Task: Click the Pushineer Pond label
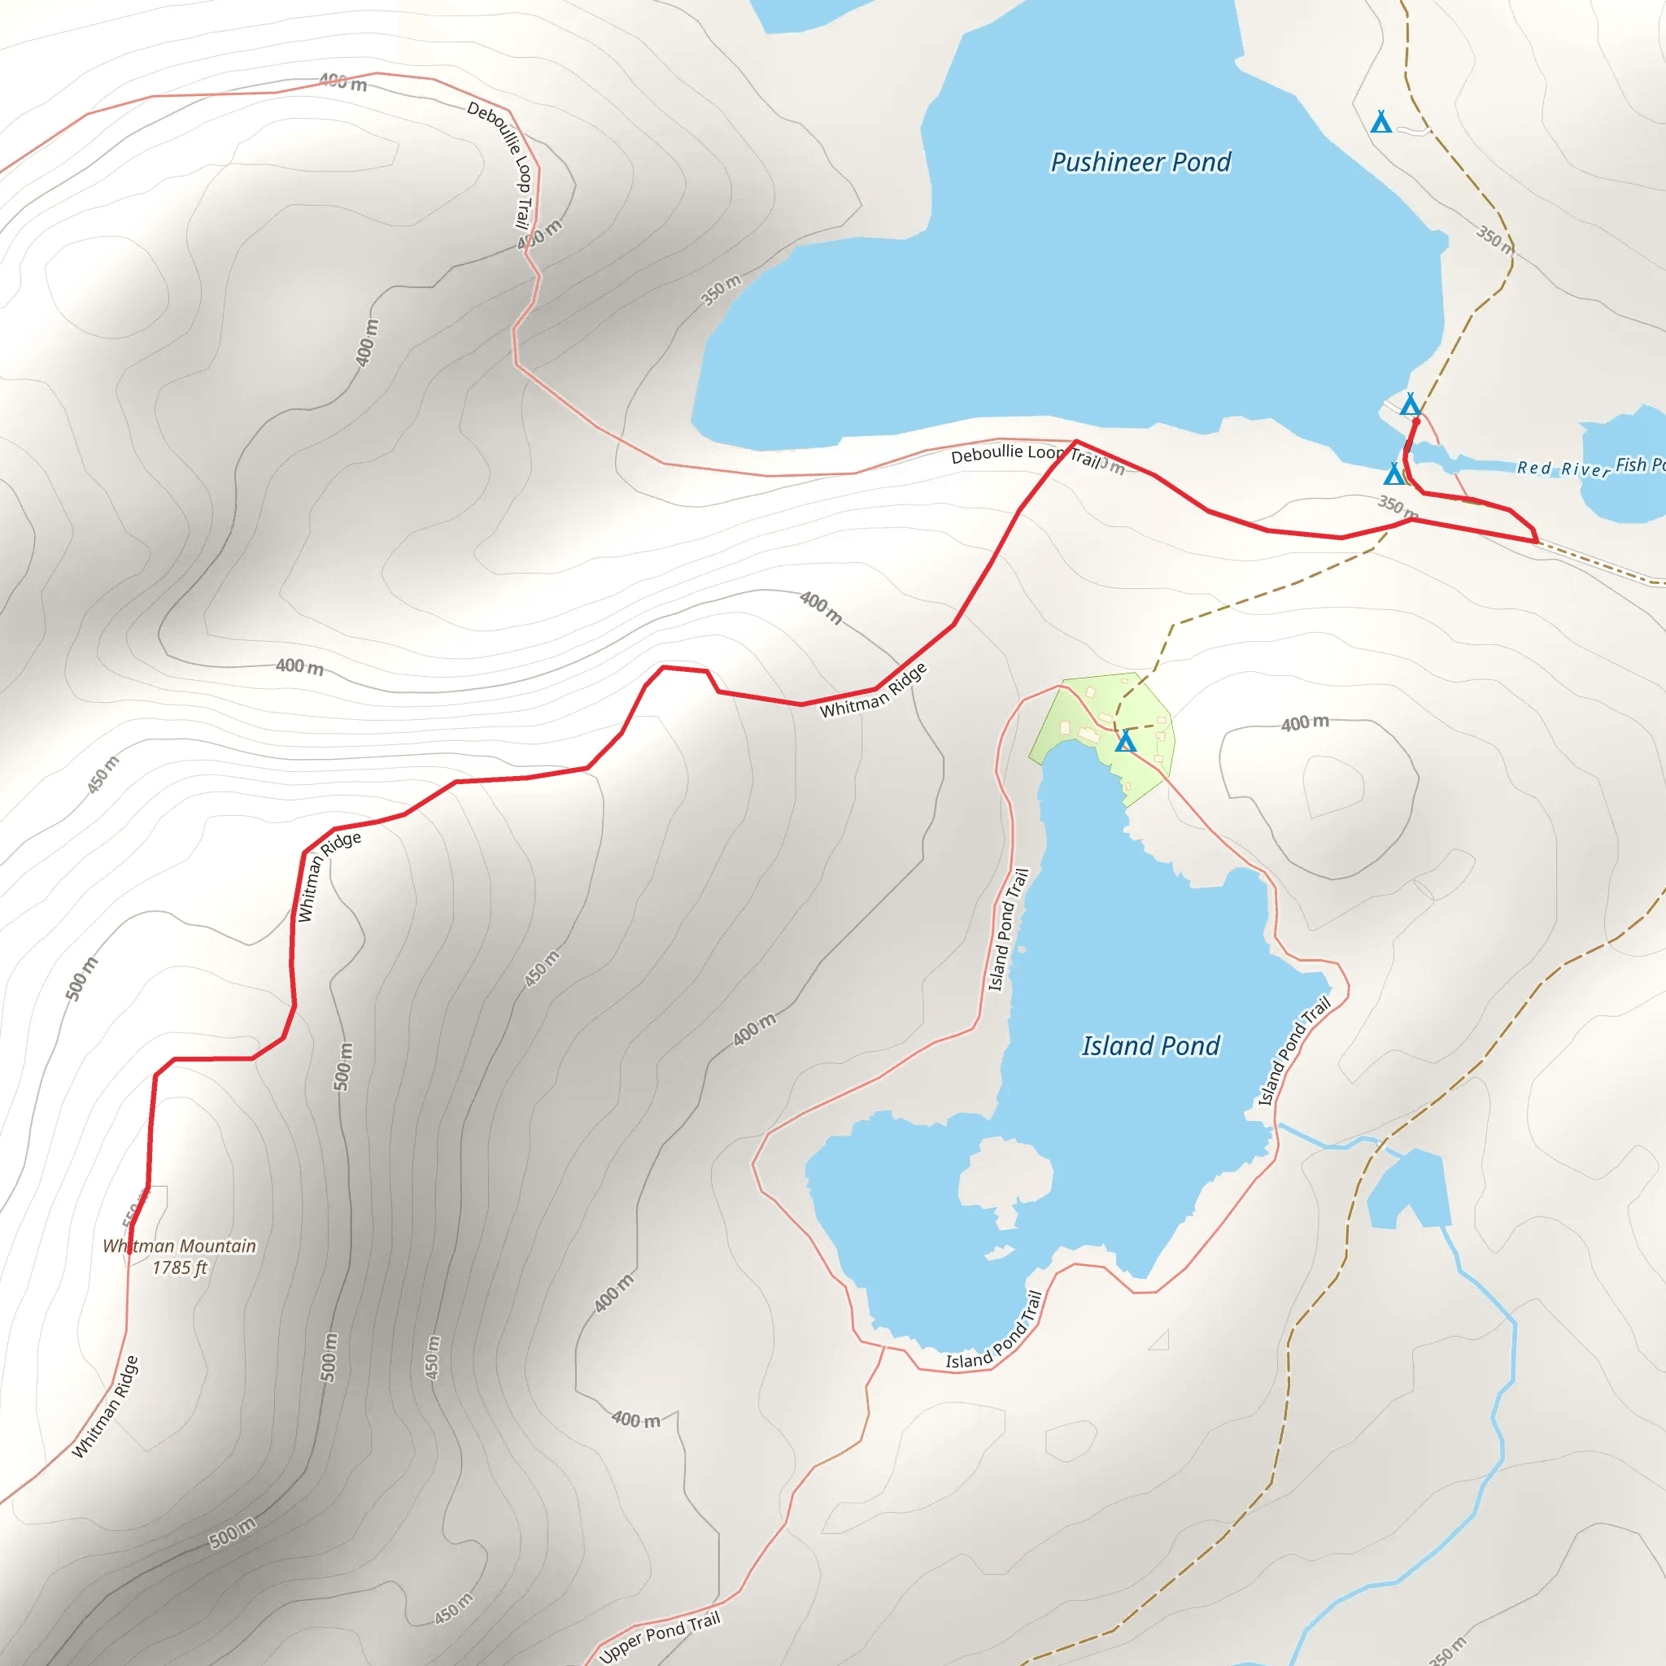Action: (1140, 162)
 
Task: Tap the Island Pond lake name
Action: (1150, 1046)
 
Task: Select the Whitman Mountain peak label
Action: (179, 1246)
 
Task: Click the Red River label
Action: (1563, 469)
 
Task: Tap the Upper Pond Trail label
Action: (660, 1636)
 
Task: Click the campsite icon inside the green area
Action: (1125, 741)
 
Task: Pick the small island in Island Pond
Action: (1005, 1174)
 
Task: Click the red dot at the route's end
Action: (1415, 421)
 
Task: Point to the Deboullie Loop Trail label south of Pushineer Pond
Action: (1024, 455)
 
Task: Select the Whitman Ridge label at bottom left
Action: (105, 1407)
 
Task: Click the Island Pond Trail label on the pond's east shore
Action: (1293, 1052)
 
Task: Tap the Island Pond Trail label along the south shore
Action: (995, 1332)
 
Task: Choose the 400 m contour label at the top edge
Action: (342, 82)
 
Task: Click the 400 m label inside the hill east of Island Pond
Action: (1304, 722)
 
